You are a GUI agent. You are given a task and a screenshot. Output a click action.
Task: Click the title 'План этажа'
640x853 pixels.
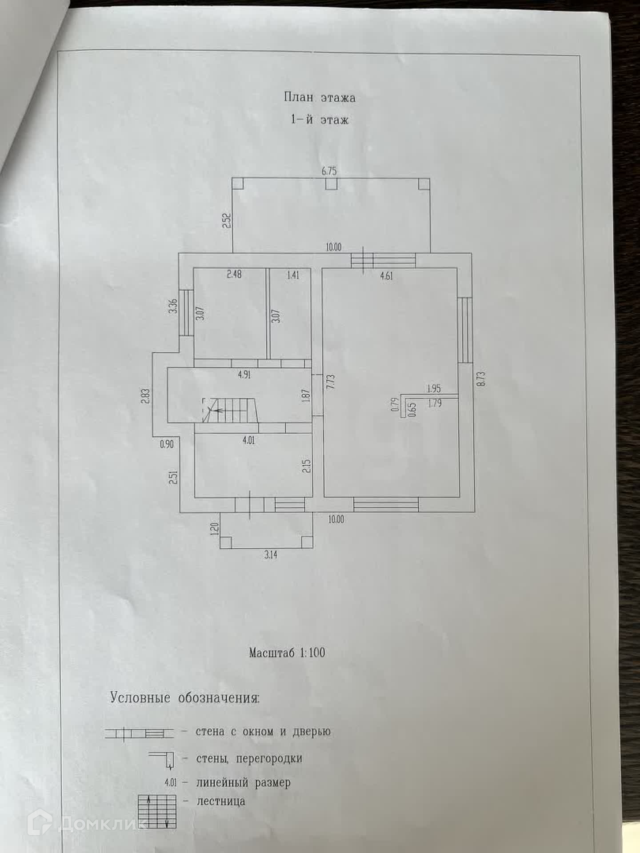[x=320, y=97]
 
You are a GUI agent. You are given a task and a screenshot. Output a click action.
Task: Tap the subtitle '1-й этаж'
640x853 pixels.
[x=320, y=120]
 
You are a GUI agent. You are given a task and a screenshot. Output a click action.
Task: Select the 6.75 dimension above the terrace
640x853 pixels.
[x=329, y=171]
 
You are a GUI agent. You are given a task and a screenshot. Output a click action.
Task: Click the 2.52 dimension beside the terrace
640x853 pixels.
[x=227, y=221]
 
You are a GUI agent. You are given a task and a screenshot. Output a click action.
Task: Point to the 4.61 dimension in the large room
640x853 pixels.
[x=386, y=276]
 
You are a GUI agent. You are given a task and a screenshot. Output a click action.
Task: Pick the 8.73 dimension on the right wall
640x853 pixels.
[x=482, y=379]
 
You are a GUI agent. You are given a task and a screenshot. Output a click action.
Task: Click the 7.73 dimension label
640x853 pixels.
[x=330, y=382]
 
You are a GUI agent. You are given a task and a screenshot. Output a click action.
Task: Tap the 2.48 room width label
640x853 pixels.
[x=234, y=275]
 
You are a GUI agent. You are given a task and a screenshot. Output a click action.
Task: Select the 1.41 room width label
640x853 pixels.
[x=292, y=275]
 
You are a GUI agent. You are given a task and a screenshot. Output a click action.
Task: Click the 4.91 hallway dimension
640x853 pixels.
[x=244, y=375]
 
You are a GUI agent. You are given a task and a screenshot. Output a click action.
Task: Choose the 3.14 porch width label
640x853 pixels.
[x=271, y=555]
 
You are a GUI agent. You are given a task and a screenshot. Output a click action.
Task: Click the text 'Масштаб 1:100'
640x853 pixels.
[x=287, y=653]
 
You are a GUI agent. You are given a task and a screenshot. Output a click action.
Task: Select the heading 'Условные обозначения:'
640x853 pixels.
[x=184, y=698]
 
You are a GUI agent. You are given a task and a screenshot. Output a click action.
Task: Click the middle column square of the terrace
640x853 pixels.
[x=331, y=183]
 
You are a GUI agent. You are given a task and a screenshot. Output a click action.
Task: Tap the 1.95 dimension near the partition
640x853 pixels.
[x=433, y=389]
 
